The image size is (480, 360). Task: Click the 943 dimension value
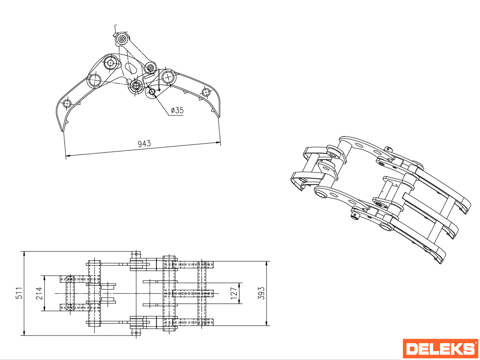pyautogui.click(x=144, y=143)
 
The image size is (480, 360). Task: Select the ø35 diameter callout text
pyautogui.click(x=177, y=110)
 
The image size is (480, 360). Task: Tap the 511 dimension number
pyautogui.click(x=19, y=293)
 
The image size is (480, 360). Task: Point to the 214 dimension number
pyautogui.click(x=39, y=293)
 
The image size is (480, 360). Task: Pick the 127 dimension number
pyautogui.click(x=234, y=293)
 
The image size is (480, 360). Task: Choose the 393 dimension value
pyautogui.click(x=261, y=293)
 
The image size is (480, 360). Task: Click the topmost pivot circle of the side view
pyautogui.click(x=122, y=39)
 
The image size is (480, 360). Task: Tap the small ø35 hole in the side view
pyautogui.click(x=152, y=92)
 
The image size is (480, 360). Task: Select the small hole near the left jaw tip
pyautogui.click(x=67, y=103)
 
